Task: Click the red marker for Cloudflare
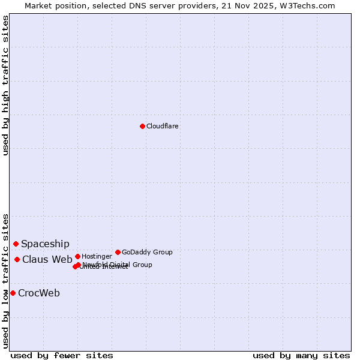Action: pos(142,126)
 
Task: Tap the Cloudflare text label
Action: pos(163,126)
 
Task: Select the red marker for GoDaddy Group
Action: pos(118,252)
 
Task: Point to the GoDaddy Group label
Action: pos(147,252)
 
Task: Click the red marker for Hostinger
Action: pos(77,256)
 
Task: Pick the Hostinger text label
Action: pos(97,256)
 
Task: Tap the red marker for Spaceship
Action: pos(16,244)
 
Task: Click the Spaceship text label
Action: pos(45,244)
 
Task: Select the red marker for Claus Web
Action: pos(17,259)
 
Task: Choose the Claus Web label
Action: pos(47,259)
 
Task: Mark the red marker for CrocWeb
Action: pos(13,293)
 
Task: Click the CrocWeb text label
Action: pos(39,293)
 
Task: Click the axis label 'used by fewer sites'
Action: pos(62,355)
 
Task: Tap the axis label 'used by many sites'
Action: pos(301,355)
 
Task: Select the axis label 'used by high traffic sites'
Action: pos(6,85)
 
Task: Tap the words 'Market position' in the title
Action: pos(52,5)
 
